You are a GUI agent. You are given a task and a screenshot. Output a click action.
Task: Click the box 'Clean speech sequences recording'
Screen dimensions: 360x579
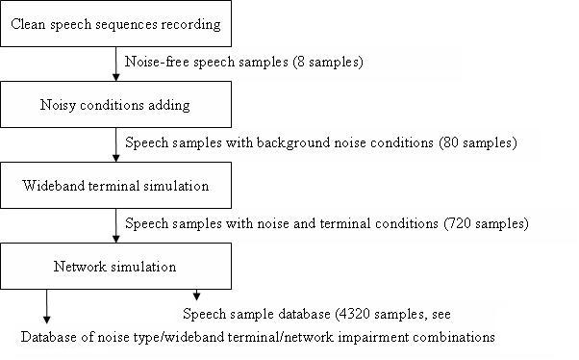(x=115, y=23)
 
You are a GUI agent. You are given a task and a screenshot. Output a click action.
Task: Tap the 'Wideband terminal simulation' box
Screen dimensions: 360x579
(x=115, y=186)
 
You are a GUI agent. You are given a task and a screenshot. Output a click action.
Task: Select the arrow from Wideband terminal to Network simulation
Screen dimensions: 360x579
(x=115, y=226)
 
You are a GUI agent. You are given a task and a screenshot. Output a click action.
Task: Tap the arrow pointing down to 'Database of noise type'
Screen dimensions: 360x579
(x=45, y=307)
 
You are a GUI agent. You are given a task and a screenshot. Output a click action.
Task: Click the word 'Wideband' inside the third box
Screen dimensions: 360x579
(x=51, y=186)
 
